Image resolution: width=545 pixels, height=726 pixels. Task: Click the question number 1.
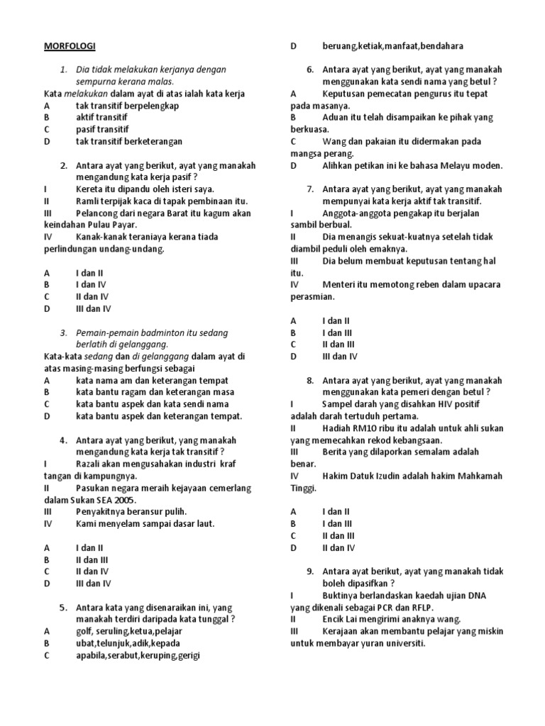[x=63, y=69]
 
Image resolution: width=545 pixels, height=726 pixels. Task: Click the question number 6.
[x=310, y=69]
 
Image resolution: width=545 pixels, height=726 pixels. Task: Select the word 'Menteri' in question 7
[x=338, y=284]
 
